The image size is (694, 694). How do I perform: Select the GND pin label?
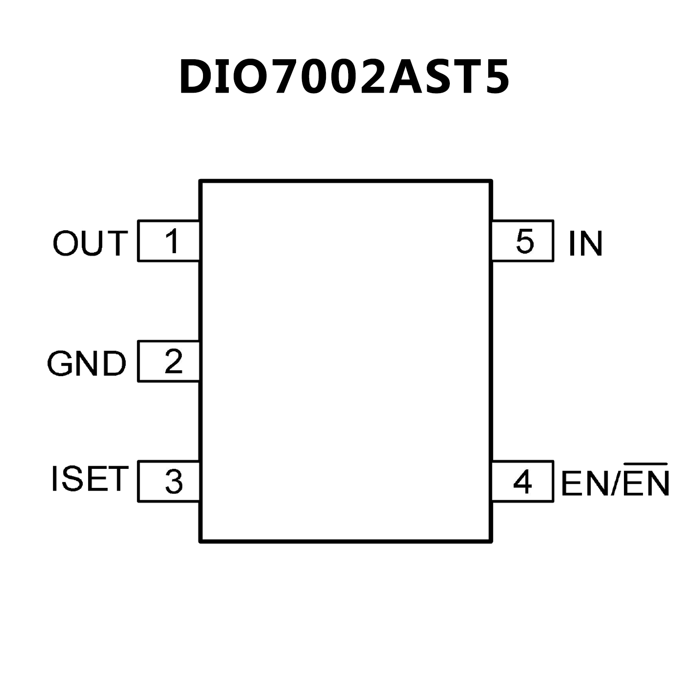click(86, 364)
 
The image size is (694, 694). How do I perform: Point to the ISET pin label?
click(89, 479)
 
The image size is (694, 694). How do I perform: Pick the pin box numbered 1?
click(169, 241)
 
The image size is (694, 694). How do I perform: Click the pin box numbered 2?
click(169, 362)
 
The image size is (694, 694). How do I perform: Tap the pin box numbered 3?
click(169, 482)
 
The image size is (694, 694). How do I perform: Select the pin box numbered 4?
click(523, 482)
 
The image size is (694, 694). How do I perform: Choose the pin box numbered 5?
click(523, 241)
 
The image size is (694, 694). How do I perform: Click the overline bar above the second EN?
click(645, 464)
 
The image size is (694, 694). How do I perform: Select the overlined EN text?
click(646, 483)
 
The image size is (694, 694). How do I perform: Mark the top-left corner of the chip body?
click(201, 181)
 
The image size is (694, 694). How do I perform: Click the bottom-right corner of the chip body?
click(491, 540)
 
